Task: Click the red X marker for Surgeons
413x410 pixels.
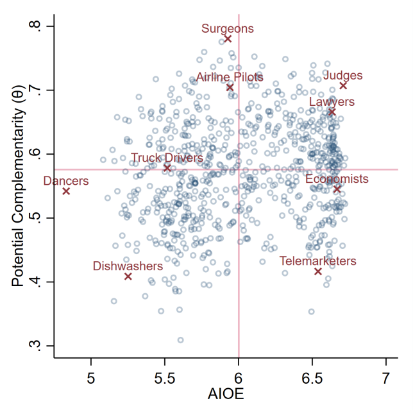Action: click(x=228, y=39)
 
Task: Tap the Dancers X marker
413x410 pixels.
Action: click(x=66, y=191)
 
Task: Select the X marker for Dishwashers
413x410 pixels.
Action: click(x=128, y=277)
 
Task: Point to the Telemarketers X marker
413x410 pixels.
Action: click(x=318, y=271)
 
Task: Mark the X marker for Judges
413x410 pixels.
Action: click(x=343, y=85)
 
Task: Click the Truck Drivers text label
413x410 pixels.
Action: click(x=167, y=158)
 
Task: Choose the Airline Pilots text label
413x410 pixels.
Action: click(x=230, y=77)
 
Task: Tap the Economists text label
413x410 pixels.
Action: click(x=337, y=178)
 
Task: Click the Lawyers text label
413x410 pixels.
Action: click(x=332, y=101)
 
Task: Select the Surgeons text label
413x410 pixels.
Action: click(x=228, y=28)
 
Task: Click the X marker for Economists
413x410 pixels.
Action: click(x=337, y=189)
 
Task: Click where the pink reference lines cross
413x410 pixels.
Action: click(x=239, y=169)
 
